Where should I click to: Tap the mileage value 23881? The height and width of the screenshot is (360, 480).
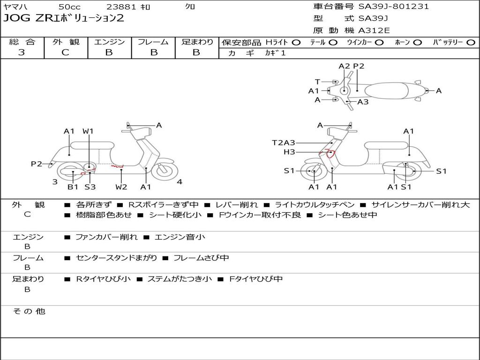click(x=121, y=7)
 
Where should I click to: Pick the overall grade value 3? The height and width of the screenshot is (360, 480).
click(x=22, y=52)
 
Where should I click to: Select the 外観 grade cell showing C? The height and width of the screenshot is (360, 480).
click(x=66, y=52)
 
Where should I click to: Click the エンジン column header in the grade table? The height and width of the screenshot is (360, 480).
click(x=109, y=42)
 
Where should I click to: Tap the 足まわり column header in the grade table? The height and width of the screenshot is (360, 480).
click(x=197, y=42)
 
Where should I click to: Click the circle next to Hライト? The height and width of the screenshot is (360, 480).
click(x=296, y=43)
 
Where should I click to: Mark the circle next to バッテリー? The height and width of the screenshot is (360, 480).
click(x=471, y=43)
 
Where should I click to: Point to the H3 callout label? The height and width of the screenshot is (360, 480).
click(x=289, y=152)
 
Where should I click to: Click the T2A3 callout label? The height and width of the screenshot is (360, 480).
click(x=284, y=142)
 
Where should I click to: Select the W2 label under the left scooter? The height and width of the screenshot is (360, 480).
click(x=121, y=187)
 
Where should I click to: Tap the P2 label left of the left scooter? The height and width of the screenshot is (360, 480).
click(x=37, y=164)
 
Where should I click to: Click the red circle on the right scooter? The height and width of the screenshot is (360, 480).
click(x=331, y=153)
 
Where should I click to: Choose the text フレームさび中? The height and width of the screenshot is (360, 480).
click(x=201, y=258)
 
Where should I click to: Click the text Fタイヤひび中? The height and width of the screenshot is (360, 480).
click(x=256, y=279)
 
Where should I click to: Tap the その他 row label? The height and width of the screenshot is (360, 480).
click(x=29, y=311)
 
